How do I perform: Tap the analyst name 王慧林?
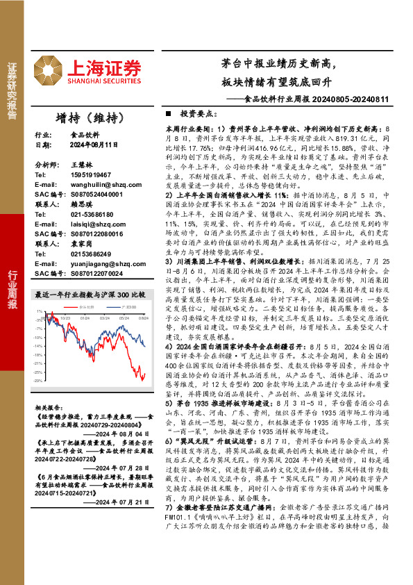pos(81,165)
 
